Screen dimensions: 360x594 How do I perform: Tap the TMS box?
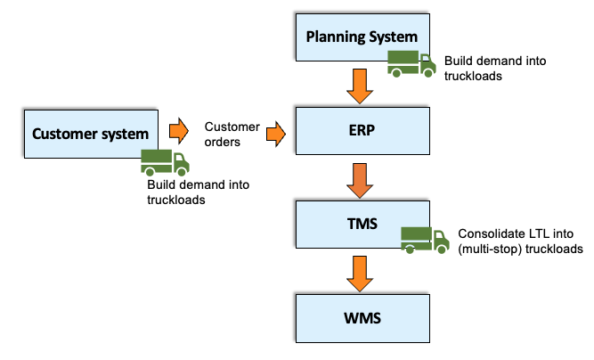[356, 224]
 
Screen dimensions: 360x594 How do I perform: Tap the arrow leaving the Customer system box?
[179, 131]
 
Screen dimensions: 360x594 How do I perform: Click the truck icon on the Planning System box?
[411, 62]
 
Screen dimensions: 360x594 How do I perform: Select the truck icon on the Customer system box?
[166, 161]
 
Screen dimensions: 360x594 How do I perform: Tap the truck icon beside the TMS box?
[425, 238]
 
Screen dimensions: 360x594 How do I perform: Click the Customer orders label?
[232, 134]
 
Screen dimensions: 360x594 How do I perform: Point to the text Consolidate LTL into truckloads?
[520, 241]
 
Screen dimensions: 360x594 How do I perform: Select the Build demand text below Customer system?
[198, 192]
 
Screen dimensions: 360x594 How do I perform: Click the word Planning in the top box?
[335, 37]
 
